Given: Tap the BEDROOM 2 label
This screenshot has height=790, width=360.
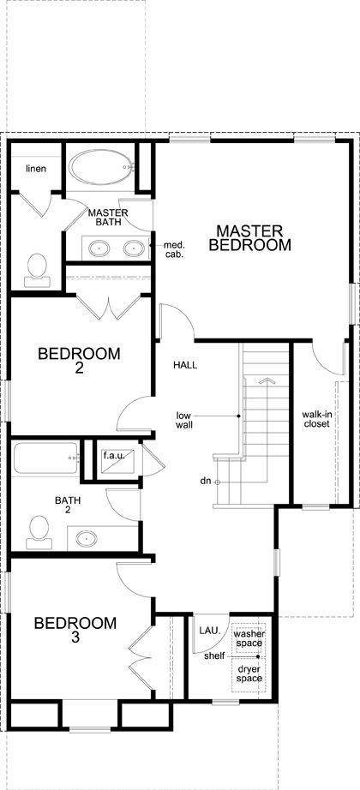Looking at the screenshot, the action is coord(79,361).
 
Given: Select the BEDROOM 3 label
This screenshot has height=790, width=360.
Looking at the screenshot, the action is coord(75,630).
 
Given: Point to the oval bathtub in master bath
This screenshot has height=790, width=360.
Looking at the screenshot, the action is coord(101,167).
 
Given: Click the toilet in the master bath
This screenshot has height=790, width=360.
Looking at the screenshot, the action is coord(37,270).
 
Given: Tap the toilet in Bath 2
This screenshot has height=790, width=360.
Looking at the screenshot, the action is coord(39,532).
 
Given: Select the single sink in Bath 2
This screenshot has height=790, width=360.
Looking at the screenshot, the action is coord(87,539).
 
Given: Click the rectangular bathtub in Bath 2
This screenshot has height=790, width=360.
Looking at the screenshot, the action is coord(46,458).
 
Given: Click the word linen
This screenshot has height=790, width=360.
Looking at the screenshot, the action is coord(36,168).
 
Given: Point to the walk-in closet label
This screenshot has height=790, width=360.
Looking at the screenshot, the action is coord(315,419).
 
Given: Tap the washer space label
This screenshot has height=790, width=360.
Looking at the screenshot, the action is coord(248,639).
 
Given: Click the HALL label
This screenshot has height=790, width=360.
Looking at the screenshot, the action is coord(185,364).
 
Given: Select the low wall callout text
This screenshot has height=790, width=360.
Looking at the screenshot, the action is coord(184,420).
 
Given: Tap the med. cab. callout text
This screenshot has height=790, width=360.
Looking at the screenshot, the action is coord(174,249).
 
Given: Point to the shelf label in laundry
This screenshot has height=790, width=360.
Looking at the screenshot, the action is coord(213,657).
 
